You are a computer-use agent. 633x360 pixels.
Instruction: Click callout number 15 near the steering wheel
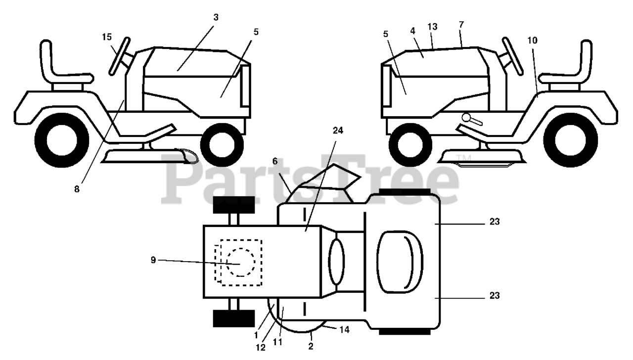coord(107,37)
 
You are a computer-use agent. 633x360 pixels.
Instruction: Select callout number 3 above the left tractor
coord(216,17)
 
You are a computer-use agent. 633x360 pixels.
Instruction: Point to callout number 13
coord(433,27)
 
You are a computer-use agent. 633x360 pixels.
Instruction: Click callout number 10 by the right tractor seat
coord(532,40)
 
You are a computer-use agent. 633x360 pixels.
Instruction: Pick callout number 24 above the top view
coord(338,131)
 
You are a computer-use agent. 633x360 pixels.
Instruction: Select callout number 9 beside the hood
coord(153,260)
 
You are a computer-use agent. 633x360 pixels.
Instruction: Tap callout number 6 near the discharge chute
coord(275,161)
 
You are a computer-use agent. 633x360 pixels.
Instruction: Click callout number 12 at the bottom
coord(261,347)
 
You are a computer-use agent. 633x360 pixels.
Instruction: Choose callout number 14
coord(345,329)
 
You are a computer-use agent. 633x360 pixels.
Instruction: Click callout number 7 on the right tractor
coord(461,24)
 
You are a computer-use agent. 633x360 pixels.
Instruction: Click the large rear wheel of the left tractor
coord(63,140)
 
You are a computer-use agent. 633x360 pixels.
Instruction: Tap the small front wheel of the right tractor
coord(408,145)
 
